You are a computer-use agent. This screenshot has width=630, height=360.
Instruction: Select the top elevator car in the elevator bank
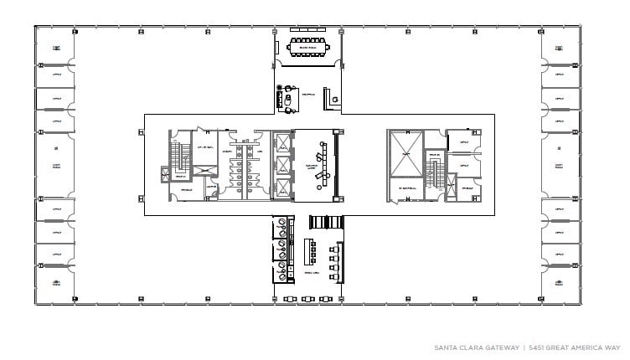(283, 141)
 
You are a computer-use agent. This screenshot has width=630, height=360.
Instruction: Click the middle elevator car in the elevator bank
(283, 165)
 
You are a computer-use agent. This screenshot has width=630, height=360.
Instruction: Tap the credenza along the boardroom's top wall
(307, 31)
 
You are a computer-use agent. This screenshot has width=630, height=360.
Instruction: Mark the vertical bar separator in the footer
(524, 347)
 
